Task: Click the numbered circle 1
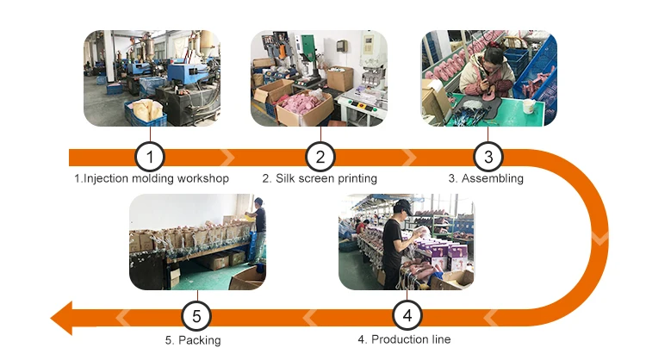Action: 150,158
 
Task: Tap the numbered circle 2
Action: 320,158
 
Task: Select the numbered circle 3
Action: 488,158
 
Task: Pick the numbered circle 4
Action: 407,316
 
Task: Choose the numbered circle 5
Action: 196,316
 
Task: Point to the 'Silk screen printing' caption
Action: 320,179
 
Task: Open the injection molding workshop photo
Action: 151,78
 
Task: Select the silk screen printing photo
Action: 320,78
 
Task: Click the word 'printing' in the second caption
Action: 357,179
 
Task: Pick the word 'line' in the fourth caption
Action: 439,339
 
